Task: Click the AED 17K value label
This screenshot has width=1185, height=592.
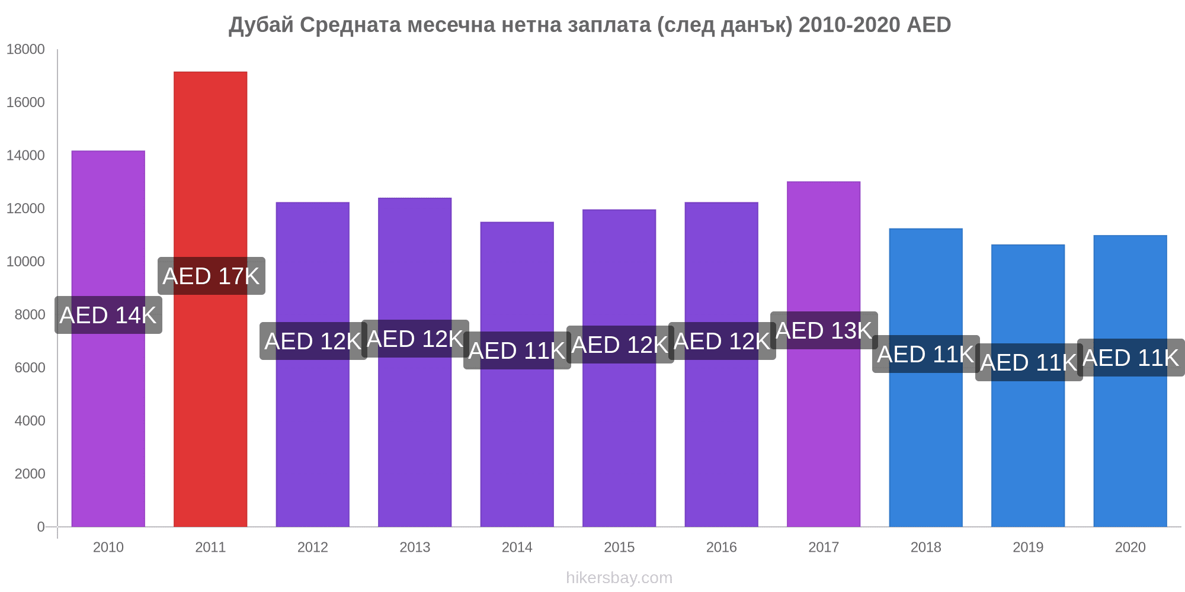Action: (212, 276)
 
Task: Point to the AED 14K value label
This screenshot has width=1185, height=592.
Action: (108, 315)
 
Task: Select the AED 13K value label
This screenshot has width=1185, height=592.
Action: (824, 330)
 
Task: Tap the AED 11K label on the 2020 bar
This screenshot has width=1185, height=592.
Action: (1130, 358)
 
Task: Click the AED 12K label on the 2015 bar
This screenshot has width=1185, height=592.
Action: (620, 345)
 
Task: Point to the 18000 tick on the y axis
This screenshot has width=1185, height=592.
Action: (25, 50)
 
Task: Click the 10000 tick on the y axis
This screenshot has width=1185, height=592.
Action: (25, 262)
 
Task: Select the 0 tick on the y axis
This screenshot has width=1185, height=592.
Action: (41, 527)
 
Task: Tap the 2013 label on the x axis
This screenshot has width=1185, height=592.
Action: (415, 547)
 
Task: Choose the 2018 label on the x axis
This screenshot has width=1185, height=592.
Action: (925, 547)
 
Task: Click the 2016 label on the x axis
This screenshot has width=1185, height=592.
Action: (721, 547)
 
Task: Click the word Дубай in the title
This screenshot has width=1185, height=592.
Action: (261, 25)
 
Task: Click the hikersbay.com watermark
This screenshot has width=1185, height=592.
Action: (619, 578)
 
